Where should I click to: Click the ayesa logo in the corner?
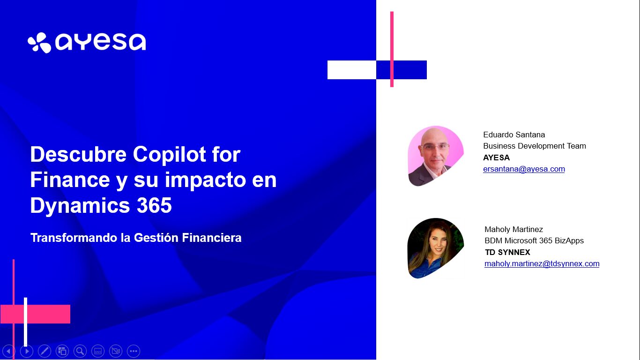pyautogui.click(x=87, y=43)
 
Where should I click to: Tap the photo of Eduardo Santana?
pyautogui.click(x=435, y=156)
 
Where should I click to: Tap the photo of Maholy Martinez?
pyautogui.click(x=435, y=248)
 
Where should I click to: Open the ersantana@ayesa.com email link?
pyautogui.click(x=524, y=169)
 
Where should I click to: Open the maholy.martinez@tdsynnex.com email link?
pyautogui.click(x=542, y=263)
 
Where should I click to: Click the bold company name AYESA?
pyautogui.click(x=496, y=157)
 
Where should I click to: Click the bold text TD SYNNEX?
pyautogui.click(x=507, y=252)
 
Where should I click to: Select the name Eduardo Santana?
pyautogui.click(x=514, y=135)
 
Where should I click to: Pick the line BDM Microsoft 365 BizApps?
pyautogui.click(x=534, y=240)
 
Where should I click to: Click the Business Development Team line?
pyautogui.click(x=534, y=146)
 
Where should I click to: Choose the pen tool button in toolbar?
pyautogui.click(x=45, y=351)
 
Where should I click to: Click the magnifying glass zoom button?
pyautogui.click(x=80, y=351)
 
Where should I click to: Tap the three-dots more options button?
pyautogui.click(x=134, y=351)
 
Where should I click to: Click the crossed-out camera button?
pyautogui.click(x=116, y=351)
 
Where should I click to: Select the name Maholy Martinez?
pyautogui.click(x=513, y=229)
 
